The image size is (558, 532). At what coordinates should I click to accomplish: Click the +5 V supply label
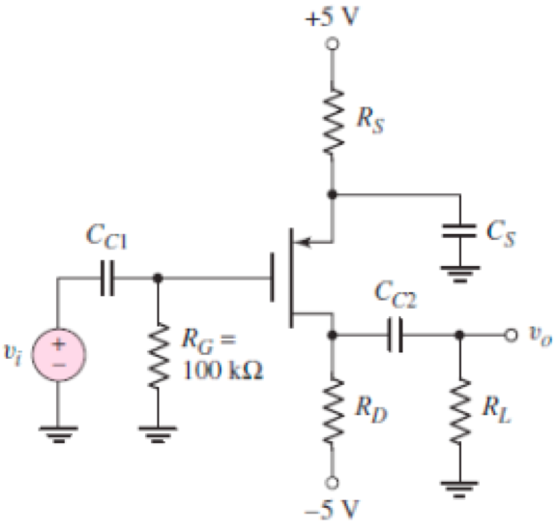pyautogui.click(x=335, y=17)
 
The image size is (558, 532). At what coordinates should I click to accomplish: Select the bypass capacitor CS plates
pyautogui.click(x=460, y=233)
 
